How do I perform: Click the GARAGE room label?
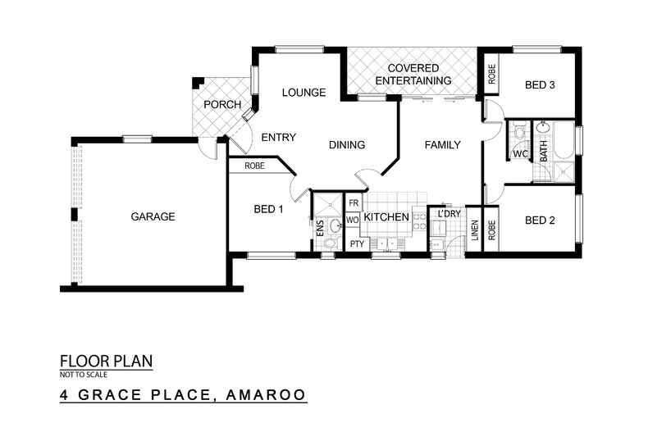pyautogui.click(x=153, y=217)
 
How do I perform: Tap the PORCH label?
pyautogui.click(x=222, y=105)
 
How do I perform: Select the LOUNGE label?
pyautogui.click(x=304, y=93)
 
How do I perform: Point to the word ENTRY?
pyautogui.click(x=278, y=137)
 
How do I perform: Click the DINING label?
pyautogui.click(x=347, y=145)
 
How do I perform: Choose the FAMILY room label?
pyautogui.click(x=442, y=145)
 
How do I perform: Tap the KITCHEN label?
pyautogui.click(x=386, y=217)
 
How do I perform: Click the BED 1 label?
pyautogui.click(x=268, y=209)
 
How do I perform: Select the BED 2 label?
pyautogui.click(x=541, y=220)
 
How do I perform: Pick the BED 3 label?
pyautogui.click(x=541, y=84)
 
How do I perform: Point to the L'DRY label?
pyautogui.click(x=449, y=213)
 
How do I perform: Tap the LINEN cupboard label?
pyautogui.click(x=475, y=234)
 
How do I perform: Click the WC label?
pyautogui.click(x=519, y=153)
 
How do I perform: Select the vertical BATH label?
pyautogui.click(x=543, y=152)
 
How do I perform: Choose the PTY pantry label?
pyautogui.click(x=357, y=244)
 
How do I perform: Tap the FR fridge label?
pyautogui.click(x=354, y=202)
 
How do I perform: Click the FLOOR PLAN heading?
pyautogui.click(x=107, y=361)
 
